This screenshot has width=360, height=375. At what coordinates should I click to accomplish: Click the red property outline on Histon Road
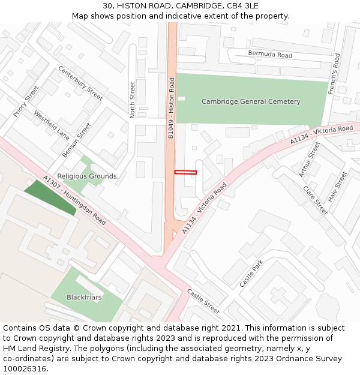click(x=185, y=172)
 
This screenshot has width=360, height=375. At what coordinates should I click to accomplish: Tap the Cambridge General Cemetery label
click(x=251, y=101)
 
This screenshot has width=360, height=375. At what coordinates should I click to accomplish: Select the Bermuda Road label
click(x=270, y=55)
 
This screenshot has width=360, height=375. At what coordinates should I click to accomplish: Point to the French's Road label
click(x=334, y=74)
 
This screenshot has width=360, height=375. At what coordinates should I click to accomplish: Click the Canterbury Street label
click(x=80, y=83)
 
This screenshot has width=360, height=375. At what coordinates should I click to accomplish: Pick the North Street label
click(x=133, y=100)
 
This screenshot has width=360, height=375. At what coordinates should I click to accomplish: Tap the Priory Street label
click(x=26, y=100)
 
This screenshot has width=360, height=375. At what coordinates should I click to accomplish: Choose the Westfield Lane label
click(x=52, y=124)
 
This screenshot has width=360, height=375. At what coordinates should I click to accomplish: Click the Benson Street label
click(x=77, y=140)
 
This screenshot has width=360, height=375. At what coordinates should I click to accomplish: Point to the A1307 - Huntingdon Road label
click(x=75, y=200)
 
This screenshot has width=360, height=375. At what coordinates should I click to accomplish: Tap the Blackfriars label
click(x=84, y=297)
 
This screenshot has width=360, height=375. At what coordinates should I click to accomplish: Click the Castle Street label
click(x=203, y=301)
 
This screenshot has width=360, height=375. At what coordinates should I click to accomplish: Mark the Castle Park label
click(x=251, y=274)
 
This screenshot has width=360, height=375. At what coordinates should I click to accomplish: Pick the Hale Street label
click(x=338, y=186)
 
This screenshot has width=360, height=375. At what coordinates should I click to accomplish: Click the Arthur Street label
click(x=310, y=160)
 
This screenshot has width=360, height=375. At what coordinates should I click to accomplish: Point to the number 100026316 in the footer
click(x=24, y=368)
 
